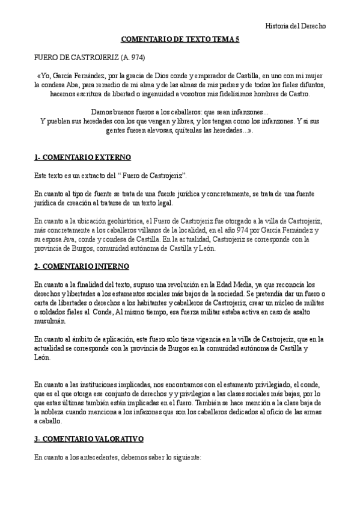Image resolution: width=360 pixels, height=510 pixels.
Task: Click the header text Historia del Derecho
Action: [296, 26]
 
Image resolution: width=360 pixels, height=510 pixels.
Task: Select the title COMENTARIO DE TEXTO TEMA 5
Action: [180, 38]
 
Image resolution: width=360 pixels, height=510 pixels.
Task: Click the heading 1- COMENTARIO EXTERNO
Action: [82, 158]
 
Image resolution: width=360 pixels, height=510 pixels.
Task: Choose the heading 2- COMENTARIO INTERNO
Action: [81, 266]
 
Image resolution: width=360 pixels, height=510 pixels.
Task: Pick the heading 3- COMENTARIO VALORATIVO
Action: [88, 440]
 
